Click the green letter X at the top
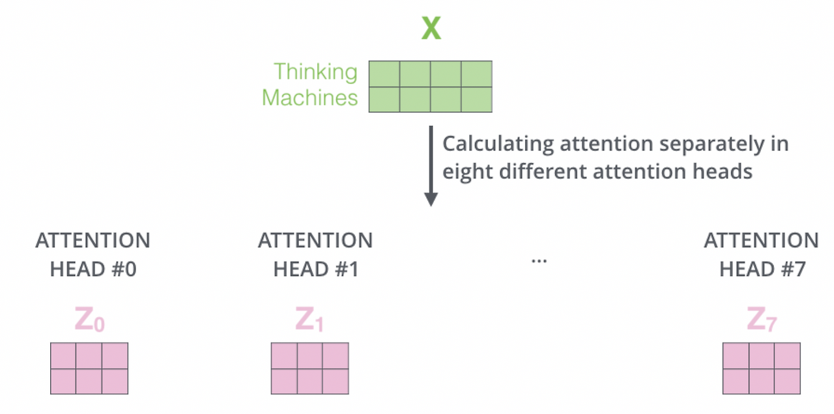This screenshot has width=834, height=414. pyautogui.click(x=431, y=28)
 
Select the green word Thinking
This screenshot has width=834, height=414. pyautogui.click(x=315, y=72)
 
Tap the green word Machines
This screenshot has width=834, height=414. pyautogui.click(x=310, y=98)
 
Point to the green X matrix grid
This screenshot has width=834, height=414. pyautogui.click(x=430, y=86)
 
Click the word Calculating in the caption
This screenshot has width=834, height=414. pyautogui.click(x=498, y=144)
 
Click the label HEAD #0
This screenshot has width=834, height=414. pyautogui.click(x=93, y=269)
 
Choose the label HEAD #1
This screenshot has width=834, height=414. pyautogui.click(x=315, y=269)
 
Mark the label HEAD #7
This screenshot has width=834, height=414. pyautogui.click(x=762, y=269)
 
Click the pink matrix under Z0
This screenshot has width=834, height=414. pyautogui.click(x=89, y=368)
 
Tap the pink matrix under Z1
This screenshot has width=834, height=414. pyautogui.click(x=309, y=368)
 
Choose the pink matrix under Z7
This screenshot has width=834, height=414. pyautogui.click(x=762, y=368)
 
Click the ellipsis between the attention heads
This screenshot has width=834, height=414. pyautogui.click(x=539, y=260)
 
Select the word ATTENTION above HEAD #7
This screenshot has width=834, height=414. pyautogui.click(x=761, y=240)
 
